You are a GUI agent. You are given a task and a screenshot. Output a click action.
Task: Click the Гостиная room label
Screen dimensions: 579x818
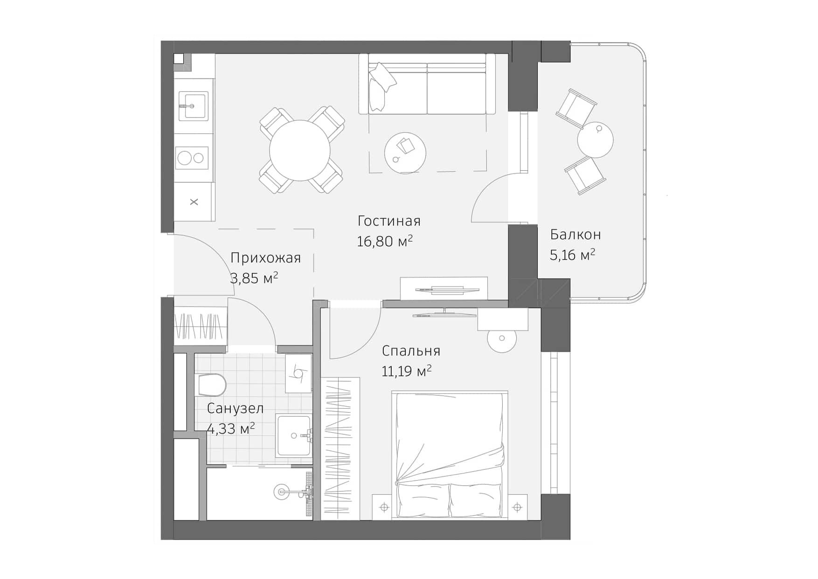tap(389, 221)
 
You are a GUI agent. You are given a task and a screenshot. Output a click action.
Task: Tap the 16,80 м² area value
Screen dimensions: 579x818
tap(384, 241)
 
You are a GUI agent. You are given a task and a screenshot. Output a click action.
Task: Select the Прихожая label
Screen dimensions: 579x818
tap(265, 258)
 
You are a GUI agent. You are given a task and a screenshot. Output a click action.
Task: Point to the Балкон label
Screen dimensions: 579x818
tap(575, 234)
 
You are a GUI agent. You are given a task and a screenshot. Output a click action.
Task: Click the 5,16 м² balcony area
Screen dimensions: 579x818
tap(572, 255)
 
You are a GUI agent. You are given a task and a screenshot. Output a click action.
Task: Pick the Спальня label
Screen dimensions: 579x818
tap(410, 350)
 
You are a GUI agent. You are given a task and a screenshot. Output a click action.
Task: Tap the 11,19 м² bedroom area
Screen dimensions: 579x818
tap(406, 371)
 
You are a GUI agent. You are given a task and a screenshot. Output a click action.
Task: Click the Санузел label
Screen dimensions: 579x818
tap(235, 408)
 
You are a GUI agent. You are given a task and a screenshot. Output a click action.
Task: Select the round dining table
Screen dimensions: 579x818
tap(300, 150)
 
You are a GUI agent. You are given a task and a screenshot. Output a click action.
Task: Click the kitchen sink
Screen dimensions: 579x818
tap(193, 106)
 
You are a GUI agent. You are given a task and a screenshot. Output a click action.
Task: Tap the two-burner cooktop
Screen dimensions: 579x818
tap(192, 158)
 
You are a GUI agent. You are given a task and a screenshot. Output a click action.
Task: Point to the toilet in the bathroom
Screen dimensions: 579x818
tap(212, 385)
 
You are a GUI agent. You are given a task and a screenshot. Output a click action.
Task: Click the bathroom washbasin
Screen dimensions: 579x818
tap(294, 435)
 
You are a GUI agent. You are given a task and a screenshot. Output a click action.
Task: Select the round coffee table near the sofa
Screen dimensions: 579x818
tap(405, 153)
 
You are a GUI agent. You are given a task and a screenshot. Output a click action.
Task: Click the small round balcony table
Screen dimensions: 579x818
tap(595, 140)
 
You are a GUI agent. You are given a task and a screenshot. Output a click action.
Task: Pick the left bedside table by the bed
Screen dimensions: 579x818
tap(384, 507)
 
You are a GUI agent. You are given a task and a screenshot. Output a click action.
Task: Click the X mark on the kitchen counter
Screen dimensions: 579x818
tap(194, 202)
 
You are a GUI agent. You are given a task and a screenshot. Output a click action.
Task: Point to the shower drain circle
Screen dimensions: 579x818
tap(281, 491)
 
